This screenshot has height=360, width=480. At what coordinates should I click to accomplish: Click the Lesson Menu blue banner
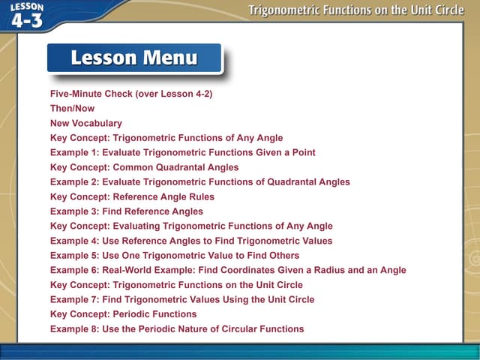pyautogui.click(x=134, y=58)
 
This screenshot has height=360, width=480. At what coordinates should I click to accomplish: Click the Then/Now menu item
pyautogui.click(x=72, y=109)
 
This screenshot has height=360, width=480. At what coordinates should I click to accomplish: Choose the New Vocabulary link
pyautogui.click(x=85, y=124)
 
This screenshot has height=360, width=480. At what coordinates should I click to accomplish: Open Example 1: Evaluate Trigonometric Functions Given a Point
pyautogui.click(x=182, y=152)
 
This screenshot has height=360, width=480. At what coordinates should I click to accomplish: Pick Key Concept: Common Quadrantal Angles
pyautogui.click(x=144, y=167)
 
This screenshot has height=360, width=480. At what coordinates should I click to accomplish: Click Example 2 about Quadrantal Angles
pyautogui.click(x=199, y=182)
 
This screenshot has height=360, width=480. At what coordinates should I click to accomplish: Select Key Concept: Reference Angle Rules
pyautogui.click(x=132, y=196)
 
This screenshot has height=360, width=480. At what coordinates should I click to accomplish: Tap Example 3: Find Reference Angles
pyautogui.click(x=126, y=211)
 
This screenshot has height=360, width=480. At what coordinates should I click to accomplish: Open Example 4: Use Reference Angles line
pyautogui.click(x=190, y=241)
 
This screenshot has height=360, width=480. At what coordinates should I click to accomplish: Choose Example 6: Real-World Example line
pyautogui.click(x=228, y=270)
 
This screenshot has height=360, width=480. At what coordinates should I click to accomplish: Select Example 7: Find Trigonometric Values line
pyautogui.click(x=182, y=299)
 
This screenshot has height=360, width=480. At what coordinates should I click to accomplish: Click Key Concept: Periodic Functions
pyautogui.click(x=123, y=314)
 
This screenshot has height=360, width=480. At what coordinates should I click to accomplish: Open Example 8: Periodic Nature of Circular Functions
pyautogui.click(x=177, y=328)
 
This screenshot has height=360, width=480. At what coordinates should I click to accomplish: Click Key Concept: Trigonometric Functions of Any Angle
pyautogui.click(x=166, y=138)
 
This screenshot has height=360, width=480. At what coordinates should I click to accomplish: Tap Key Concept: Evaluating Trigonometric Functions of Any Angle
pyautogui.click(x=191, y=226)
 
